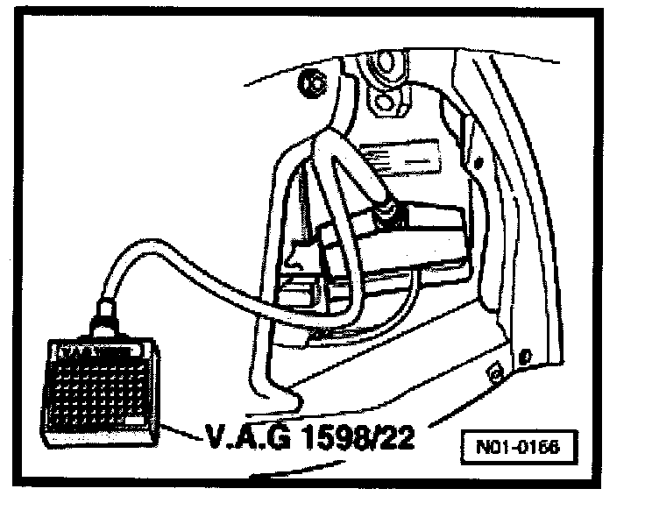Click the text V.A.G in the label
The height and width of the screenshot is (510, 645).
point(236,436)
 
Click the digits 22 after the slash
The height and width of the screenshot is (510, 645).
point(394,436)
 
